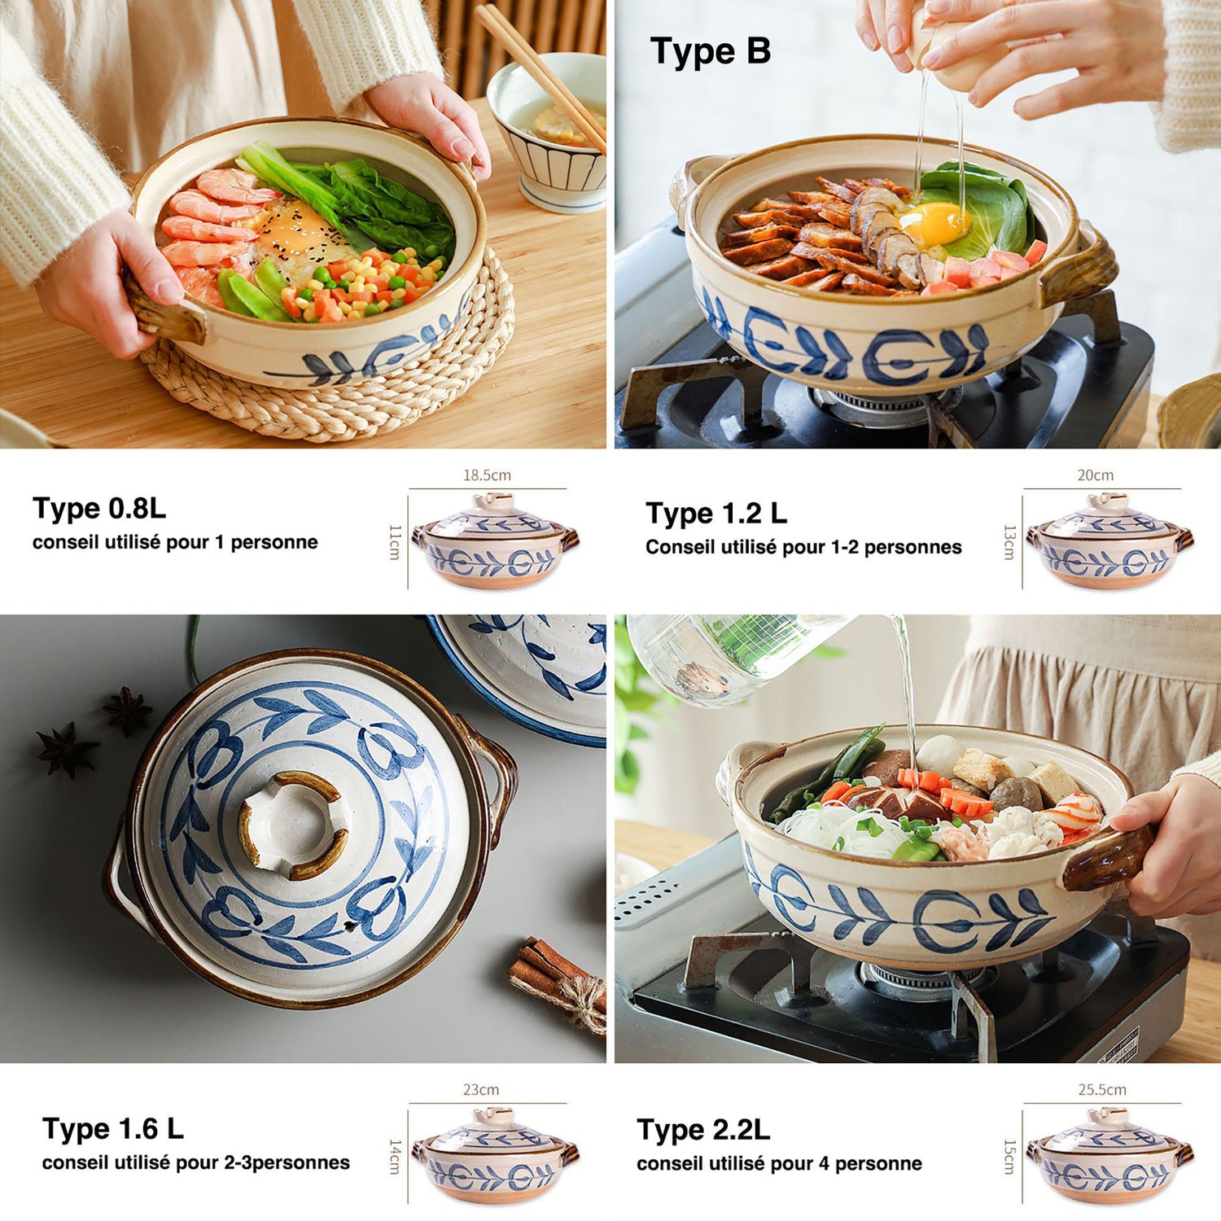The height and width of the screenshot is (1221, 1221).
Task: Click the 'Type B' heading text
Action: tap(710, 51)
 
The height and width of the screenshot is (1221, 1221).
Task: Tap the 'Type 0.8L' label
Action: tap(99, 509)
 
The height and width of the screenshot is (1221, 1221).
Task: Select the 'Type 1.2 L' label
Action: tap(716, 514)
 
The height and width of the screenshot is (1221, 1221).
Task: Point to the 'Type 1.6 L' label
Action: tap(113, 1129)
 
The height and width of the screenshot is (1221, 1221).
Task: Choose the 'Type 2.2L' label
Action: tap(703, 1130)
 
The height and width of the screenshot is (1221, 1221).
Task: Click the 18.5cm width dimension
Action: tap(487, 475)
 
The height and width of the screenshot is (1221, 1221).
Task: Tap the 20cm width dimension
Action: tap(1096, 475)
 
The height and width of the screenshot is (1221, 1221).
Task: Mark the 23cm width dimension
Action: tap(481, 1089)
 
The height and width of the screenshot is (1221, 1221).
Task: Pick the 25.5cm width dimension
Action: tap(1102, 1089)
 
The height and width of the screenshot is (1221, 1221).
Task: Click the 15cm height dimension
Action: tap(1009, 1157)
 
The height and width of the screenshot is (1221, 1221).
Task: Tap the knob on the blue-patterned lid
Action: tap(292, 824)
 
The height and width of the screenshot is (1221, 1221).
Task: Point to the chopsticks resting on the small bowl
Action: tap(540, 73)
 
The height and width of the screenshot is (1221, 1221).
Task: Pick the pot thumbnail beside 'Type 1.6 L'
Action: tap(495, 1155)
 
